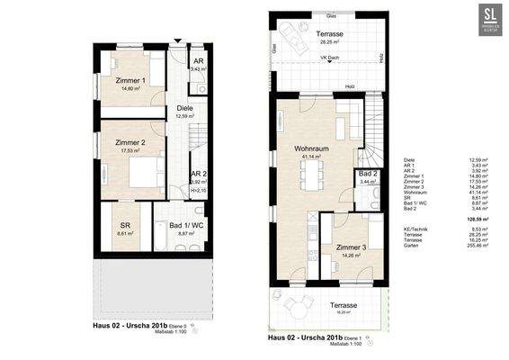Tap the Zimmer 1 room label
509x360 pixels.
(x=129, y=81)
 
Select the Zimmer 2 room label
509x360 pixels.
(x=129, y=143)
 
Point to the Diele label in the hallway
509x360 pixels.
(x=185, y=107)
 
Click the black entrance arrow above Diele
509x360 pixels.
(x=177, y=40)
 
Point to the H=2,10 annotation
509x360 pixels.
(x=200, y=190)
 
